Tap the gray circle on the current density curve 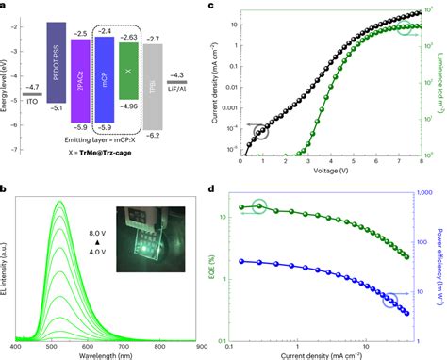point(261,132)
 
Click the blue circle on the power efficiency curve point(389,300)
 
